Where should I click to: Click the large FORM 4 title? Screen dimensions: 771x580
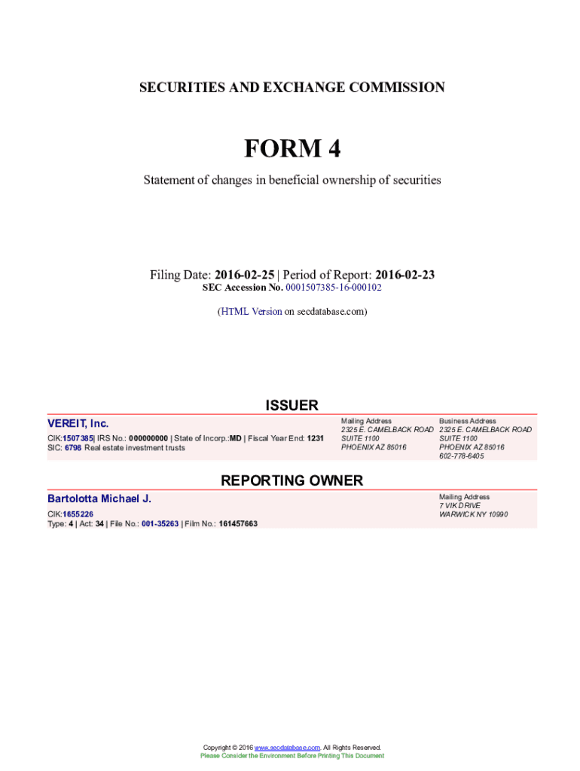click(292, 149)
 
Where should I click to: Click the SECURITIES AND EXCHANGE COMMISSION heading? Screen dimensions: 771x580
click(292, 87)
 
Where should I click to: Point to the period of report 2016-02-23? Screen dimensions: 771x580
click(404, 275)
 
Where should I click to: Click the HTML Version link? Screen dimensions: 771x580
click(251, 311)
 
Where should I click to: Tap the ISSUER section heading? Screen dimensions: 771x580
click(292, 406)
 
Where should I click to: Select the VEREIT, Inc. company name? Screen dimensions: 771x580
click(78, 424)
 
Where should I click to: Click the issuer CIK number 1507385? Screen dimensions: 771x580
click(78, 437)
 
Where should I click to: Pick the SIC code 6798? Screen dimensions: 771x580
click(72, 448)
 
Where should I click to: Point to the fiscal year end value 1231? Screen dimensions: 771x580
click(315, 437)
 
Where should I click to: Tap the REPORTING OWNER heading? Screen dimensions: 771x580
click(292, 480)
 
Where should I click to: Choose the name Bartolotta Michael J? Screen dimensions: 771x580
click(99, 498)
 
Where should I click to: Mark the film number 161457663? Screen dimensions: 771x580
click(238, 523)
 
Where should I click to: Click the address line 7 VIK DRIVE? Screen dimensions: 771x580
click(459, 506)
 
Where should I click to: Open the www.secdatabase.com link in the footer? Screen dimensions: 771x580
click(288, 748)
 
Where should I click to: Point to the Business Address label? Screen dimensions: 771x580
click(468, 421)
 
